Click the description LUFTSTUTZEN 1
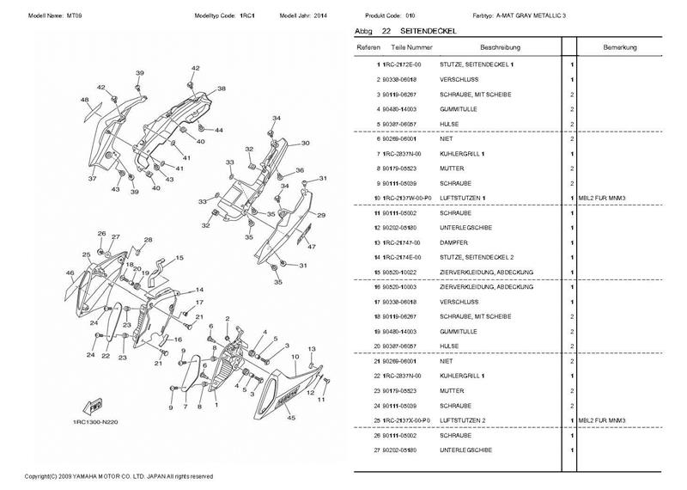pyautogui.click(x=465, y=199)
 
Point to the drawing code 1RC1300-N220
pyautogui.click(x=95, y=424)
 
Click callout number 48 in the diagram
pyautogui.click(x=85, y=101)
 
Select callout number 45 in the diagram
pyautogui.click(x=291, y=419)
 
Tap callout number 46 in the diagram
pyautogui.click(x=70, y=273)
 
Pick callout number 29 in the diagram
pyautogui.click(x=321, y=215)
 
